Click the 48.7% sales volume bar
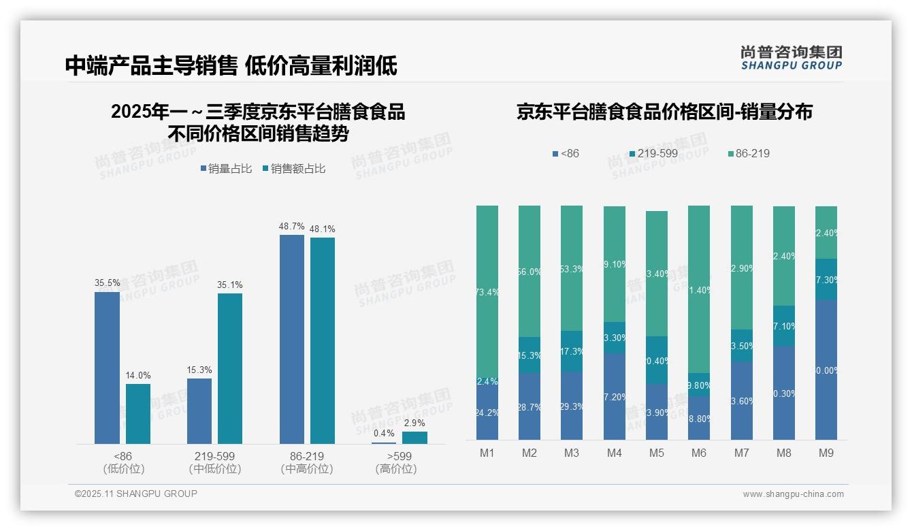click(x=292, y=339)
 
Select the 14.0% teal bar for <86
click(x=138, y=414)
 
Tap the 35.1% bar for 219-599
click(x=230, y=368)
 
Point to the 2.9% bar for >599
click(x=414, y=438)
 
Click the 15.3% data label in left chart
click(x=199, y=370)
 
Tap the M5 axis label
click(x=656, y=453)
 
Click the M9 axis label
click(x=826, y=453)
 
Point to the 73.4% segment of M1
click(x=487, y=293)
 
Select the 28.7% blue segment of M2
click(x=530, y=406)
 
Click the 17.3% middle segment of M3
click(x=572, y=351)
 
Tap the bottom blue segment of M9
click(x=826, y=370)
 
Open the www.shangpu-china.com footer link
click(x=793, y=494)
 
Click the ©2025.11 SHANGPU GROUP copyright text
click(x=136, y=494)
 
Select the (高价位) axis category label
click(x=395, y=469)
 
